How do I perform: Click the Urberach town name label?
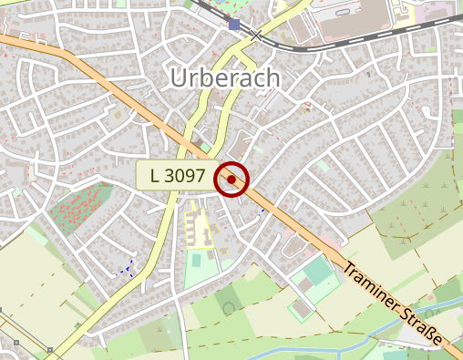coord(225,79)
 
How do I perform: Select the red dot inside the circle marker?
coord(231,180)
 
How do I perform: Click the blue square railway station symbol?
coord(235,25)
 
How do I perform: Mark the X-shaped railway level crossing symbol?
coord(257,35)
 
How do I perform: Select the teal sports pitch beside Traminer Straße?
coord(318,272)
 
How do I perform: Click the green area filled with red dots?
coord(80,208)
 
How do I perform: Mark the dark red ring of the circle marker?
coord(231,164)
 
